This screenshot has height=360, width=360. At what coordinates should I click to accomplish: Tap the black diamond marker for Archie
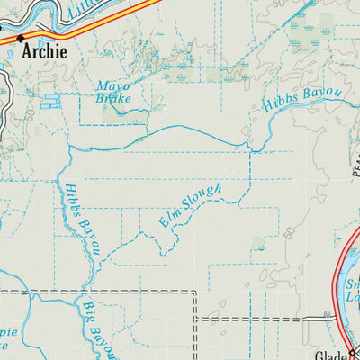pyautogui.click(x=20, y=39)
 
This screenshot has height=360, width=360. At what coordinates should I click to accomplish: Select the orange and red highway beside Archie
pyautogui.click(x=81, y=22)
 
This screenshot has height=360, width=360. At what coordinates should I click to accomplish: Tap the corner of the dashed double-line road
pyautogui.click(x=194, y=292)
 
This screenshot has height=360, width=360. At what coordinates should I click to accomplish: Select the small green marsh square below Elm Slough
pyautogui.click(x=260, y=242)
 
